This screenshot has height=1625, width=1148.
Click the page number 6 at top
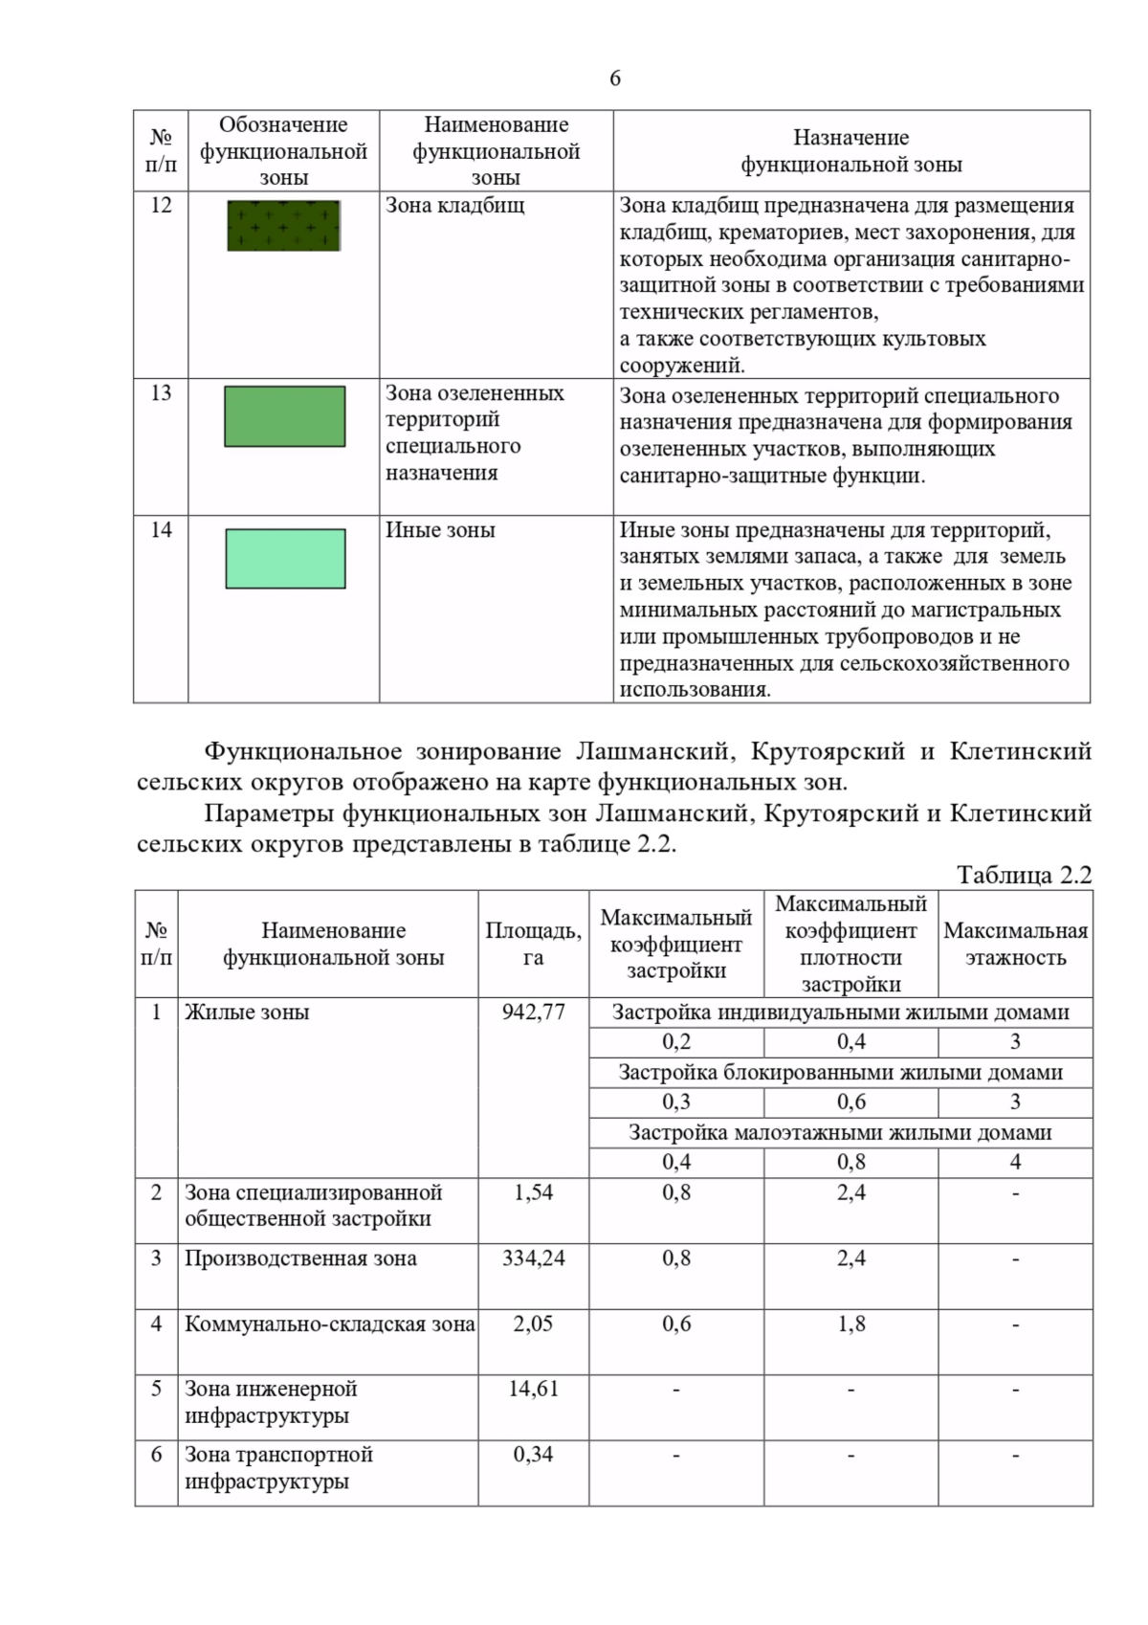coord(614,78)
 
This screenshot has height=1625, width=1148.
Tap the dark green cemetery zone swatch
coord(283,226)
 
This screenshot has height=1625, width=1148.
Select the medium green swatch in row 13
coord(284,416)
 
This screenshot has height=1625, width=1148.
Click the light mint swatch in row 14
coord(285,559)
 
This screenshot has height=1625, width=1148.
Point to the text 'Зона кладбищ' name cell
coord(454,205)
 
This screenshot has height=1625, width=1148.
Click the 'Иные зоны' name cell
coord(440,530)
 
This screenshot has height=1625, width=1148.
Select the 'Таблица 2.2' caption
coord(1024,875)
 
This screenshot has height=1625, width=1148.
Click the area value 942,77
coord(533,1012)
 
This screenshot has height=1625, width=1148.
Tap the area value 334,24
coord(533,1258)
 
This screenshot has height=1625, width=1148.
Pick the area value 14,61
coord(533,1389)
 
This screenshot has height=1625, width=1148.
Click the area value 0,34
coord(533,1455)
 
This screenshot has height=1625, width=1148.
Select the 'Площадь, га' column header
coord(533,944)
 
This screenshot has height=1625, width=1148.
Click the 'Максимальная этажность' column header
coord(1015,944)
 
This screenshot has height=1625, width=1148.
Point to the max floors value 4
coord(1015,1162)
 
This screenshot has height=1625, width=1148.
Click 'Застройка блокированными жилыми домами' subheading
coord(840,1073)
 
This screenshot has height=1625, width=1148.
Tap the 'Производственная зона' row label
coord(300,1258)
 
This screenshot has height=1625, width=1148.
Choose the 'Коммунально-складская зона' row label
coord(329,1324)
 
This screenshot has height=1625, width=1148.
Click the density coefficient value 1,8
coord(850,1324)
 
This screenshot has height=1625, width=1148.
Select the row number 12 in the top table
coord(161,205)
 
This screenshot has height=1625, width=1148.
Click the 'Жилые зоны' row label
coord(247,1013)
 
